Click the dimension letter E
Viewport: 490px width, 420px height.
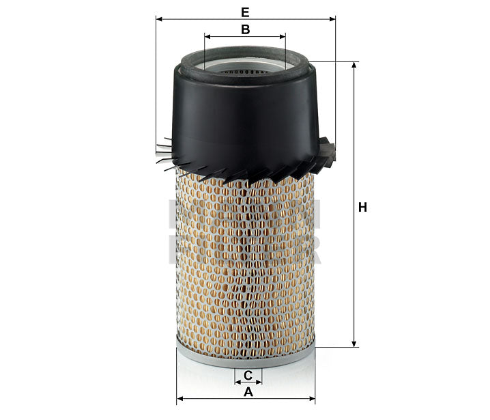(245, 12)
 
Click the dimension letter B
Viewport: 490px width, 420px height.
(245, 29)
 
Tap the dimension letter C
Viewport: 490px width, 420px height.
(248, 375)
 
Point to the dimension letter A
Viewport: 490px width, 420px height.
(248, 392)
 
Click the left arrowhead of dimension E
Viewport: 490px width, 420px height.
(158, 19)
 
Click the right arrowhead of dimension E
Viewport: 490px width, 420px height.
(332, 19)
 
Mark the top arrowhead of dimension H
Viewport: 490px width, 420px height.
(354, 66)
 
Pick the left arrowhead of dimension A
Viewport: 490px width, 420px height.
(179, 397)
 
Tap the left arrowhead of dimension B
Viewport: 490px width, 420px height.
(207, 36)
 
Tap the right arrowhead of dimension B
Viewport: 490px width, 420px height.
(282, 36)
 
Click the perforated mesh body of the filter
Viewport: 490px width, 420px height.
(245, 266)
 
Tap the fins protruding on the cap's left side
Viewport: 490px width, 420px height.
(164, 153)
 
